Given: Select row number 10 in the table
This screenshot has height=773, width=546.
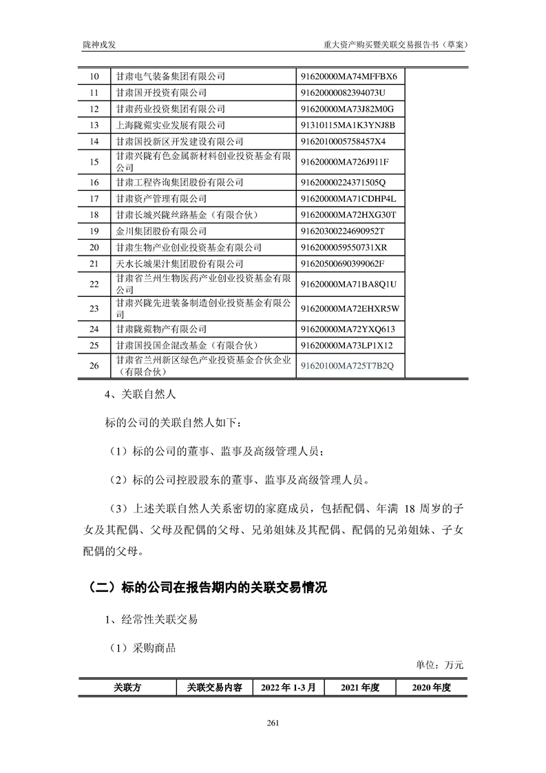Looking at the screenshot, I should point(95,76).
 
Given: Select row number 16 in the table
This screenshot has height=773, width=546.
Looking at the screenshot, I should point(95,183).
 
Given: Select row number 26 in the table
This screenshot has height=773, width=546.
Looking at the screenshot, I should point(95,365).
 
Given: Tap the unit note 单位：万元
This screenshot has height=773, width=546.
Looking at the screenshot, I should point(440,666).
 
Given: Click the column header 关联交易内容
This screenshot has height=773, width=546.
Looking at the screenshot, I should point(213,688).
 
